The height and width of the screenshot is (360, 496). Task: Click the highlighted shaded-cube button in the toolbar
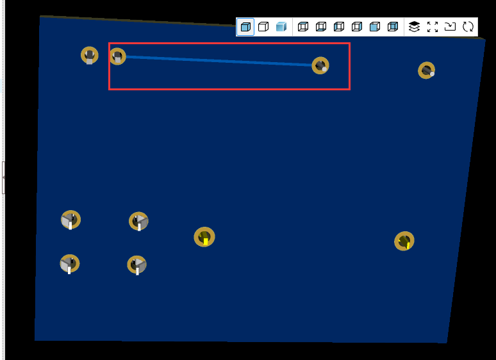point(245,27)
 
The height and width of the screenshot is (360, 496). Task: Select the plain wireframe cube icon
point(263,27)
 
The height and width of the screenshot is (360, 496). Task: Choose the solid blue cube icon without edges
point(281,27)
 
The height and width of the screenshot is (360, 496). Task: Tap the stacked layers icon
point(414,27)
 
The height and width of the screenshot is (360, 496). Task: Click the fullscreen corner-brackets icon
point(432,27)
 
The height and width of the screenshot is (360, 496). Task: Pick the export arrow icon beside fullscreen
point(450,27)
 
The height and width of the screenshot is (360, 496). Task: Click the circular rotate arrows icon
point(468,27)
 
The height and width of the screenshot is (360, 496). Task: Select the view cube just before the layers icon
point(393,27)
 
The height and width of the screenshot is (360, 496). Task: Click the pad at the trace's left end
point(117,56)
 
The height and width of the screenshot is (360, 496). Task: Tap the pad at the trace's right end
point(320,65)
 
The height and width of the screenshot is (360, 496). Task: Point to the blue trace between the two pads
point(218,61)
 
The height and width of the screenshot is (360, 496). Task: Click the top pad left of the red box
point(89,55)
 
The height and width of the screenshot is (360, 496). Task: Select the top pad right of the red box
point(426,70)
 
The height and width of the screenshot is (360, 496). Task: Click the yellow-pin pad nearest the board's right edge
point(404,241)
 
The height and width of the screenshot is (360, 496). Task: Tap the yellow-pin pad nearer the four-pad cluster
point(204,237)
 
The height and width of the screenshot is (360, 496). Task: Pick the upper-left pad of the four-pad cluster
point(70,220)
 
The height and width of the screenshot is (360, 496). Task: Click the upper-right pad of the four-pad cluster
point(138,222)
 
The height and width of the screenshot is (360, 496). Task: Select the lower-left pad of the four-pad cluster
point(69,263)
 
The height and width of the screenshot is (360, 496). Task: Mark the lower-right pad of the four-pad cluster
point(136,265)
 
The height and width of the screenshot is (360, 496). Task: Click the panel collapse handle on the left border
point(3,177)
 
